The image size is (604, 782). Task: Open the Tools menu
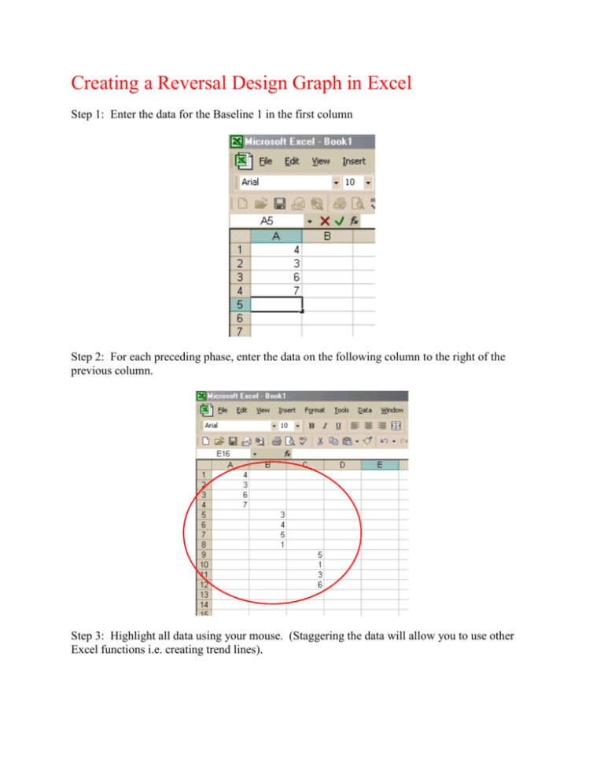pyautogui.click(x=341, y=410)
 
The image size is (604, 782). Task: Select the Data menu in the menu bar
pyautogui.click(x=365, y=410)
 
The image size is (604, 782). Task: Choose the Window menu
pyautogui.click(x=392, y=410)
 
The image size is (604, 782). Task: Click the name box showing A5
pyautogui.click(x=267, y=221)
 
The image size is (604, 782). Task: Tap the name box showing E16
pyautogui.click(x=223, y=454)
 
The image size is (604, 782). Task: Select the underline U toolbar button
pyautogui.click(x=338, y=425)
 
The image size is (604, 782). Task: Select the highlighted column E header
pyautogui.click(x=380, y=466)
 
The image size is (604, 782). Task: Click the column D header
pyautogui.click(x=342, y=466)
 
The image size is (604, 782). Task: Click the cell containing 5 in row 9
pyautogui.click(x=305, y=555)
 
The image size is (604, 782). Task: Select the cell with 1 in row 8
pyautogui.click(x=267, y=544)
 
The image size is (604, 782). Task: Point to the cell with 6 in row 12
pyautogui.click(x=305, y=585)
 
